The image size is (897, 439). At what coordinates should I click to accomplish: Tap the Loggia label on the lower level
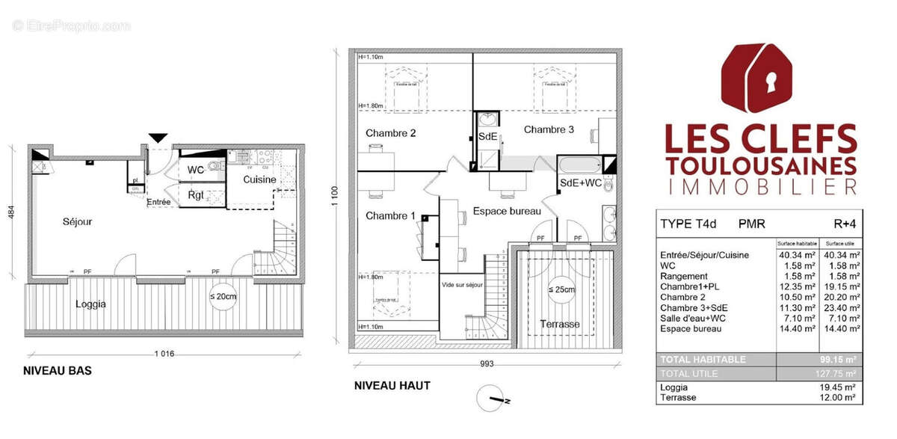90,304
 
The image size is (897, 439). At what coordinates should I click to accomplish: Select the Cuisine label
259,180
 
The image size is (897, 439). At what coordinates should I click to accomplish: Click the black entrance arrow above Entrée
158,137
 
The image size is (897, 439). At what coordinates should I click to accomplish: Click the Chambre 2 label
390,134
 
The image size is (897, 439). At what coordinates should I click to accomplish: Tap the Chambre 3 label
549,129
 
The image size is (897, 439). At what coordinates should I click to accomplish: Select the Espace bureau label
507,212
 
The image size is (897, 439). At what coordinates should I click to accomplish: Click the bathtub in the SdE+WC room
579,165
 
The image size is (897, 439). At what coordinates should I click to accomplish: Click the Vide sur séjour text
463,285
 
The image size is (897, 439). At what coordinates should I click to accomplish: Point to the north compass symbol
495,399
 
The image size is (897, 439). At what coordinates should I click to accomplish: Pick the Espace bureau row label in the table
691,328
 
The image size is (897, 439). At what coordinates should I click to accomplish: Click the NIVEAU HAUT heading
392,386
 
